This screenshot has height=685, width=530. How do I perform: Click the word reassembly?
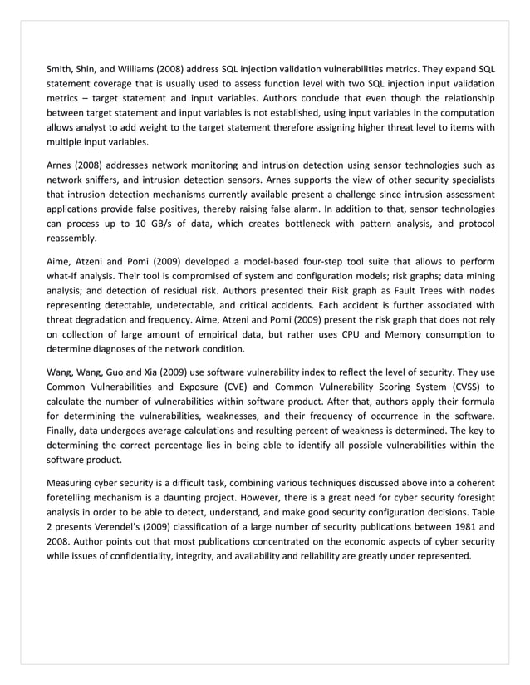71,240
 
